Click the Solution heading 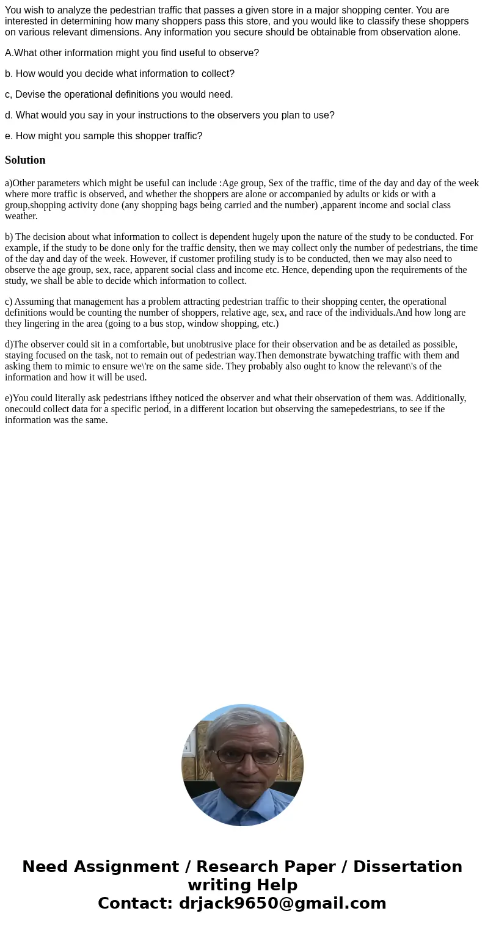25,160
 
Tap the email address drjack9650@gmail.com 282,903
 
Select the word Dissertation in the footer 407,866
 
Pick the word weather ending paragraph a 21,216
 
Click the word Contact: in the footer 136,903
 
